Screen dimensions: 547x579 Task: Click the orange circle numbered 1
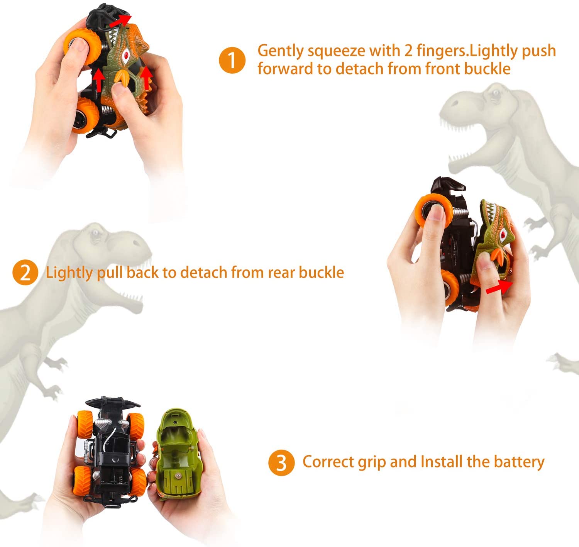[232, 60]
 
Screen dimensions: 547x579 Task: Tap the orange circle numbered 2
[25, 273]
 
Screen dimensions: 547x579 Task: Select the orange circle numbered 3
[281, 462]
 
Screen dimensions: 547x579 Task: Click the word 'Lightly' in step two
[69, 273]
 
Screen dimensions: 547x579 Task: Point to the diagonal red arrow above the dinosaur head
[120, 21]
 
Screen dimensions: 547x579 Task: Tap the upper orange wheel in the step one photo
[81, 46]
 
